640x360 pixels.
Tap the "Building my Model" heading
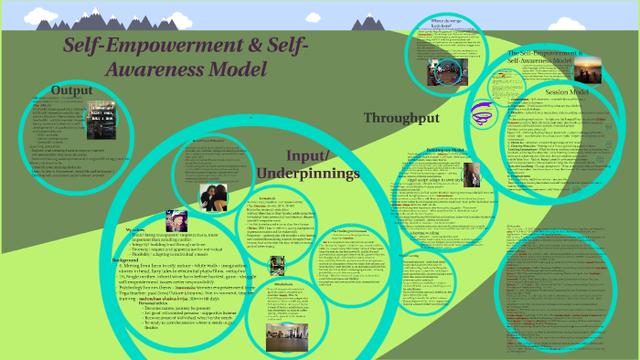tap(446, 149)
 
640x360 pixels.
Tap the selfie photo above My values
tap(176, 219)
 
